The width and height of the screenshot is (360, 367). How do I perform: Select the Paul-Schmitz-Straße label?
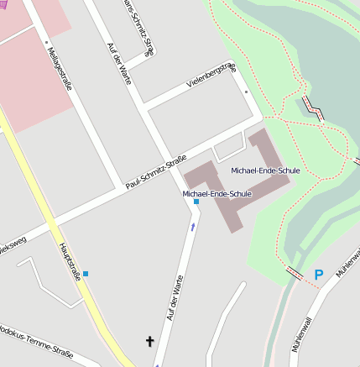tap(155, 171)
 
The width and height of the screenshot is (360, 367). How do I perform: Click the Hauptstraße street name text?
tap(70, 261)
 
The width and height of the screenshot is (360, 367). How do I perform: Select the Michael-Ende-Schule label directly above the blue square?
tap(217, 194)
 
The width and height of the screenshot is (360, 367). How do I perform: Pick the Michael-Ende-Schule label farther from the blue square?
tap(265, 171)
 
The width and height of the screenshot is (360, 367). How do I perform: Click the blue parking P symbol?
tap(318, 274)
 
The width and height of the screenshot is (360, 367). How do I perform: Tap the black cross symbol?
tap(151, 341)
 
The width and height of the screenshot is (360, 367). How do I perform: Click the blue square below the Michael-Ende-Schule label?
tap(196, 202)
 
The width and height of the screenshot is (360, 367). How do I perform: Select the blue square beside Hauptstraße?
tap(86, 274)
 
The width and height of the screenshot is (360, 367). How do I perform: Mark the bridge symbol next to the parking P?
tap(296, 272)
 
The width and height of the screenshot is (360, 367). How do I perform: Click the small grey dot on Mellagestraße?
tap(48, 41)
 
